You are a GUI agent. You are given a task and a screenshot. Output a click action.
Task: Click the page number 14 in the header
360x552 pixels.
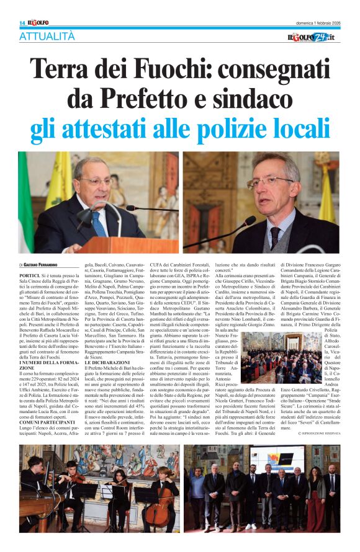click(22, 22)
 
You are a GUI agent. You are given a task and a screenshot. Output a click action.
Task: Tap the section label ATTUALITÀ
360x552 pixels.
click(47, 37)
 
